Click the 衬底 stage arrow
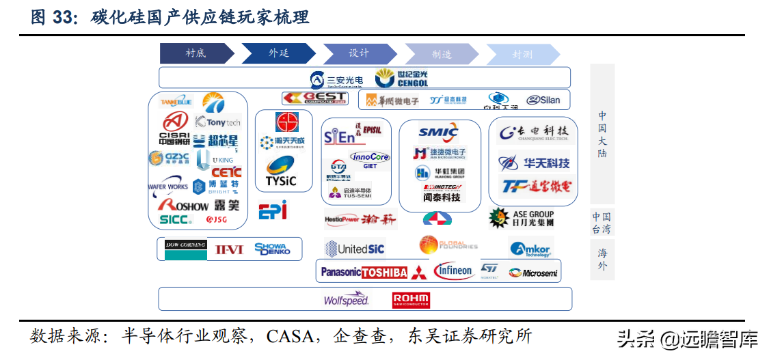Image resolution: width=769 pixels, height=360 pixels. (x=195, y=54)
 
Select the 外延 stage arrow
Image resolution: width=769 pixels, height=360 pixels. (x=278, y=54)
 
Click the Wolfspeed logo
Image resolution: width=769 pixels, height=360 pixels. (x=346, y=299)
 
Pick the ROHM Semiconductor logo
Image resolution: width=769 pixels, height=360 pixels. (x=411, y=300)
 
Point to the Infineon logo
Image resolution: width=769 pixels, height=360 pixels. (x=453, y=271)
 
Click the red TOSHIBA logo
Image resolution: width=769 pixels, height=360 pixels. (x=384, y=273)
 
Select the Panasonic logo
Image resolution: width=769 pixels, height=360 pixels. (x=340, y=272)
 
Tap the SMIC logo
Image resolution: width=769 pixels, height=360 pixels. (x=438, y=133)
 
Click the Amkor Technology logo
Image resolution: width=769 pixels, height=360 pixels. (x=530, y=249)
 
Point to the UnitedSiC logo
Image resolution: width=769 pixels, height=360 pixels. (x=354, y=249)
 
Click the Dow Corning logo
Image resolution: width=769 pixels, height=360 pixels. (x=185, y=249)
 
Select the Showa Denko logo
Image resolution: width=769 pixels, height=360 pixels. (x=272, y=249)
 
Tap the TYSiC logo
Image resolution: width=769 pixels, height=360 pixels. (x=280, y=172)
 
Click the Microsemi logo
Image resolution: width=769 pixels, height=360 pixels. (x=532, y=273)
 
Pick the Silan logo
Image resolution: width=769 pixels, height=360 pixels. (x=543, y=100)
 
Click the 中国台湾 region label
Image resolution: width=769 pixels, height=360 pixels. (x=602, y=223)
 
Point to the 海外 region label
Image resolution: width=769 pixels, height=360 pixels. (x=602, y=259)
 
